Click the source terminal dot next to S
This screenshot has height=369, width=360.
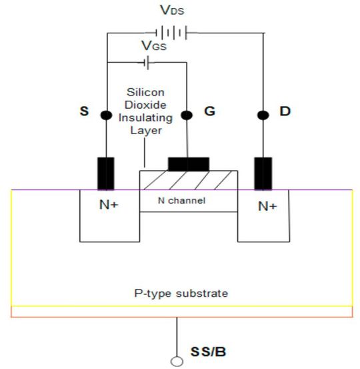pos(106,115)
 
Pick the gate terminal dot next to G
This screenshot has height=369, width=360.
pos(188,115)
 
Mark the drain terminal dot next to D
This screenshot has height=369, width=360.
pos(263,115)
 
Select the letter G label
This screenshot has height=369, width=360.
pos(209,111)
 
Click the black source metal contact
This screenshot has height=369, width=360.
pos(105,173)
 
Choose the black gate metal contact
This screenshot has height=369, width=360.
pos(189,163)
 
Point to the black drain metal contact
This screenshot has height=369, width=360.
pos(263,173)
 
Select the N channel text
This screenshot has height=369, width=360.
pos(181,200)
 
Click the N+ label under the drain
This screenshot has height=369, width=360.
pos(267,207)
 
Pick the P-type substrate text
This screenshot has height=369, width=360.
pos(181,294)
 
